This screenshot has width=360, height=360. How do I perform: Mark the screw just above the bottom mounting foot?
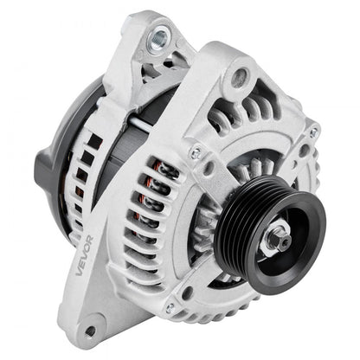pyautogui.click(x=170, y=307)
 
